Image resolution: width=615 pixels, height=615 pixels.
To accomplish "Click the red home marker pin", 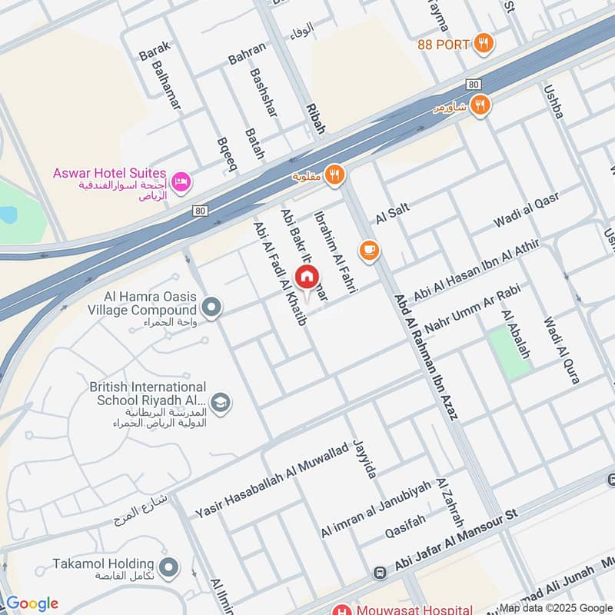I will [307, 276].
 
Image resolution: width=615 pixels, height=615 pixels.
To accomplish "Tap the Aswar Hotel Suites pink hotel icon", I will [183, 181].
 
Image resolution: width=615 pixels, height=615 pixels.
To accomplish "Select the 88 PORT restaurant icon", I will [483, 44].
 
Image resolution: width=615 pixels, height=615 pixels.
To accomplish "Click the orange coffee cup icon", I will [370, 250].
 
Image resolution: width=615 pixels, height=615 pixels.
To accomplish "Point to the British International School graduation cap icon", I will [221, 403].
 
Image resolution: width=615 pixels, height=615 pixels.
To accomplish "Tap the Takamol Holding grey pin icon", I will [170, 569].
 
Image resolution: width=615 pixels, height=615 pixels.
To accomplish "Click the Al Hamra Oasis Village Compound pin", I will [212, 307].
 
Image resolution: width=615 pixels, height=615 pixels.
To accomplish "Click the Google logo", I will [32, 603].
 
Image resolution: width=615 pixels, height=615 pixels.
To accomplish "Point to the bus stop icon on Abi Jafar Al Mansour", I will [379, 573].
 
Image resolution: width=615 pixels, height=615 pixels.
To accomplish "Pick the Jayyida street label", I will [364, 458].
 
